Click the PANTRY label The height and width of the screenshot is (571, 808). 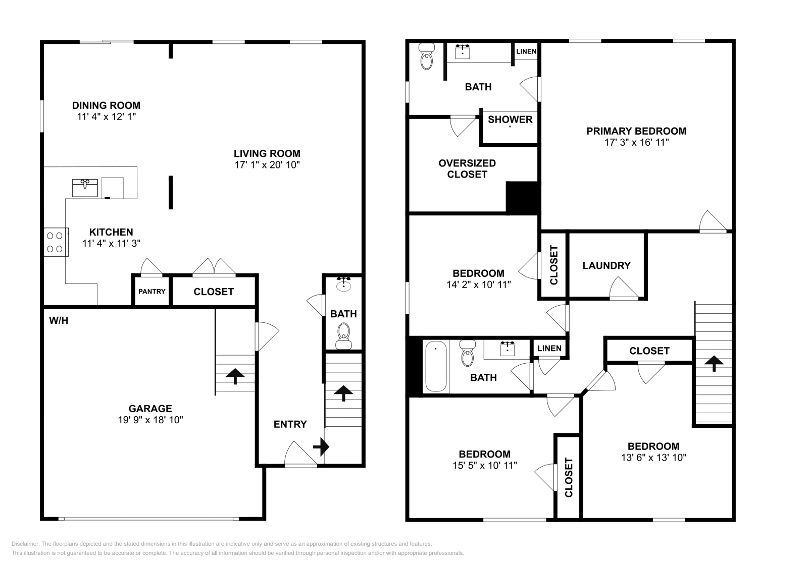(152, 292)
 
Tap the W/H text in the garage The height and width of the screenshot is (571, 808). (59, 320)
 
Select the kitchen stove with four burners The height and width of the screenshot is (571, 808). (56, 242)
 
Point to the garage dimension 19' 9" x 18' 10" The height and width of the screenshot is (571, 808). (150, 420)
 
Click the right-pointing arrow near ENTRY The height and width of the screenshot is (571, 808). (321, 446)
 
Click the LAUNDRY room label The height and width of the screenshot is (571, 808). (606, 265)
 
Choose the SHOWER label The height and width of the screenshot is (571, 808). (510, 120)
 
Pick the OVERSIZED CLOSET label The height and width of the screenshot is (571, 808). (467, 168)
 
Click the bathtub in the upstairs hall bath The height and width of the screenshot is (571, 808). (435, 366)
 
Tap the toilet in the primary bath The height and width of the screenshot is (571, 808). (427, 56)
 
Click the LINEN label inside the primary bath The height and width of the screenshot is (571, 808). (526, 51)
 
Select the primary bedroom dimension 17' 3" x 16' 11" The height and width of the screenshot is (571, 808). (636, 142)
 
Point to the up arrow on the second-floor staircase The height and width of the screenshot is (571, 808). (714, 363)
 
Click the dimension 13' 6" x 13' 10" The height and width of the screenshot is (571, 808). (653, 458)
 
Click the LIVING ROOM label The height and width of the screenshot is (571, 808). (267, 153)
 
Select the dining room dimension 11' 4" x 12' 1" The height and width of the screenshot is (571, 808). (106, 117)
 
